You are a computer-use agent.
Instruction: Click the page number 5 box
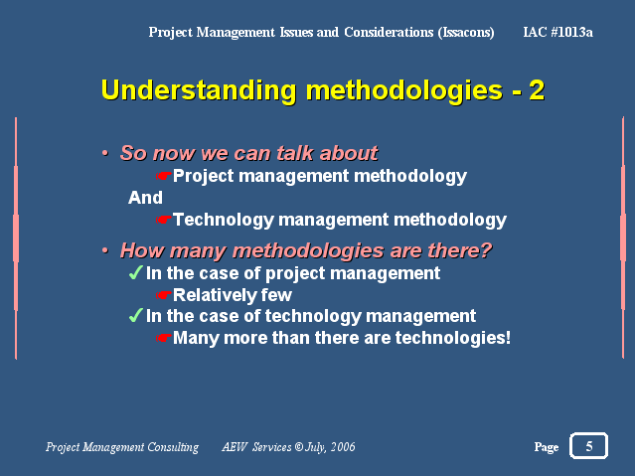coord(588,445)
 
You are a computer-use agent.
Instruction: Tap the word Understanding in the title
coord(199,90)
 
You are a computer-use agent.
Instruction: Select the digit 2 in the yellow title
coord(537,89)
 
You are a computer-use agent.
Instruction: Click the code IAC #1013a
coord(557,32)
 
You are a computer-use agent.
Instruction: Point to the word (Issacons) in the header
coord(466,33)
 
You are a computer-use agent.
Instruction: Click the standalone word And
coord(145,198)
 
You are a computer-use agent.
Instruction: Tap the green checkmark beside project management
coord(136,272)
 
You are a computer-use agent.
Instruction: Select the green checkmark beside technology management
coord(136,315)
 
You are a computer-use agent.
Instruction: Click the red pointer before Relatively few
coord(164,295)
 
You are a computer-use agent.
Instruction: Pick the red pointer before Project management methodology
coord(164,176)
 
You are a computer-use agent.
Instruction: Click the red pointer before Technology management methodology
coord(164,220)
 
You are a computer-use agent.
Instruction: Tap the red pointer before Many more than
coord(164,338)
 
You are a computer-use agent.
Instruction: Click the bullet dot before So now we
coord(105,154)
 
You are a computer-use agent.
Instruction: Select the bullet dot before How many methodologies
coord(105,250)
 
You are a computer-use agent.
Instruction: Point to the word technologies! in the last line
coord(453,338)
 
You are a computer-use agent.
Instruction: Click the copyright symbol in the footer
coord(299,447)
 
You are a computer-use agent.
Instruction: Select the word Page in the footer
coord(547,447)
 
